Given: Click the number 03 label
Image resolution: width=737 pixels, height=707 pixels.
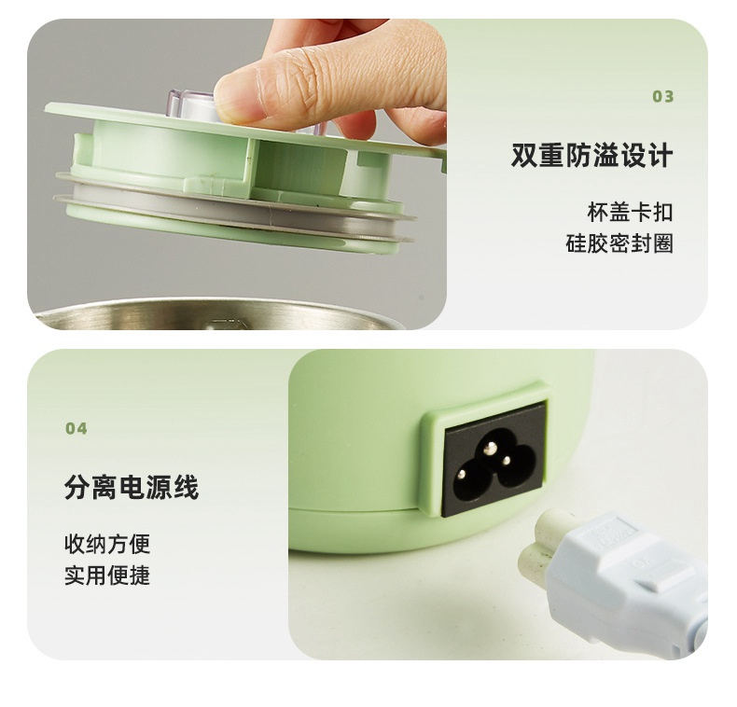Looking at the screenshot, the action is (662, 96).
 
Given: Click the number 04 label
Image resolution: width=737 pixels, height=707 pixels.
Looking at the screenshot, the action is (76, 428).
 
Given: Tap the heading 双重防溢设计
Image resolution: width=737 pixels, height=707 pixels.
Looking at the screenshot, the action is (591, 156).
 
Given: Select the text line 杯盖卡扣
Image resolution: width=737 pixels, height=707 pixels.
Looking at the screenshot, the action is (630, 212).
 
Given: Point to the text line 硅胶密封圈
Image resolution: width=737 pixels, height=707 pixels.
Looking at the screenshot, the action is (619, 243).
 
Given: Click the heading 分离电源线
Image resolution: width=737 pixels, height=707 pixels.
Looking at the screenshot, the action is (132, 487).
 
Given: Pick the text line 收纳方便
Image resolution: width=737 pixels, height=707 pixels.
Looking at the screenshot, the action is (107, 544).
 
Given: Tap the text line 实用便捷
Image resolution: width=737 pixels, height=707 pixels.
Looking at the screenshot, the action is (107, 575).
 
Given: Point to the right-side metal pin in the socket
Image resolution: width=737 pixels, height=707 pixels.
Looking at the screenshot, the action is (507, 461).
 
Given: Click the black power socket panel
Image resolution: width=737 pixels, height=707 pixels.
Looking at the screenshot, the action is (495, 458).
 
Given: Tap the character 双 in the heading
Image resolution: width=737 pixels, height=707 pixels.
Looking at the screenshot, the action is (524, 156).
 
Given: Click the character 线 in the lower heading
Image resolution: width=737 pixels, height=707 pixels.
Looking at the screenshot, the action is (187, 487).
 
